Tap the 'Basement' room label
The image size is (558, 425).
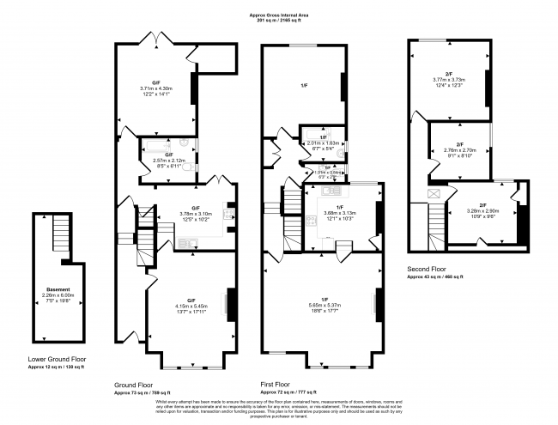point(58,289)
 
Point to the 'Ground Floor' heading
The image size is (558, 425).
point(135,384)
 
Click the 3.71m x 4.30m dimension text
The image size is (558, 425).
point(156,88)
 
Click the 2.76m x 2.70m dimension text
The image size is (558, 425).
point(459,150)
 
